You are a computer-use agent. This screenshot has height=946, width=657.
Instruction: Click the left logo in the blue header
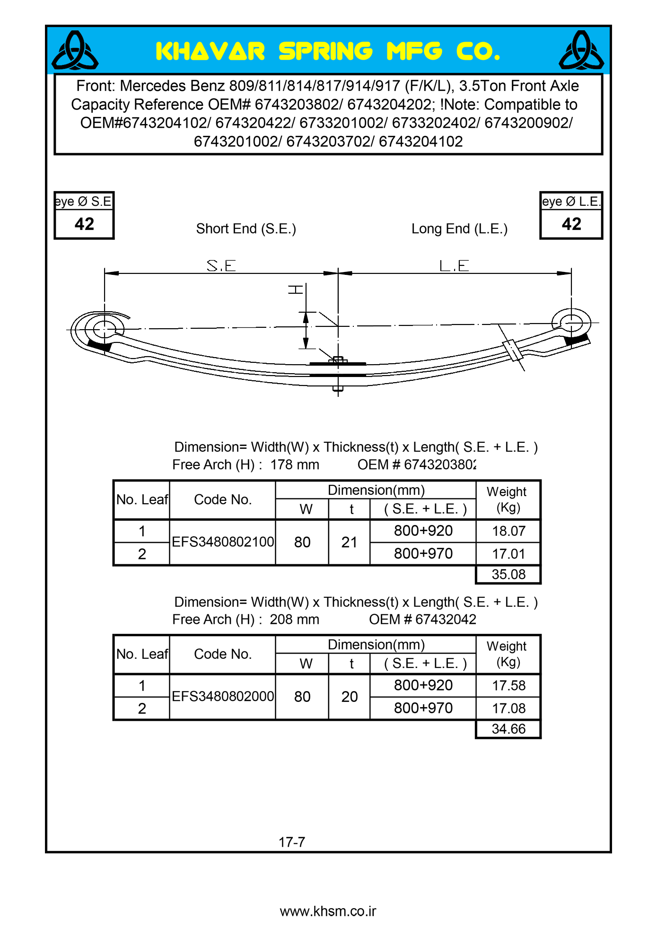75,50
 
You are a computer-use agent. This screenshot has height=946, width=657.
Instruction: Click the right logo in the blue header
581,50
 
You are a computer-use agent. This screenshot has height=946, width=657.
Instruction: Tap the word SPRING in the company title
325,52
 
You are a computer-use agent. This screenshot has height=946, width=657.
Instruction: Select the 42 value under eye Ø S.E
84,224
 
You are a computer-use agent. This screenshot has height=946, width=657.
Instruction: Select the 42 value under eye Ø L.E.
571,224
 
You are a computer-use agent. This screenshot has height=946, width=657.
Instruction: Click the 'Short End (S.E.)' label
246,229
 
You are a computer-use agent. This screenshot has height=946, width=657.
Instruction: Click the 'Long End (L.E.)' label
459,229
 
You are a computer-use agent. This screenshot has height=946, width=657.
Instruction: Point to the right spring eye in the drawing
571,323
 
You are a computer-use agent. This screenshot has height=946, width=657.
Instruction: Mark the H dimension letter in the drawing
296,289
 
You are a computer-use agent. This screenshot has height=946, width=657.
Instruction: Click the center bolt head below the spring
338,389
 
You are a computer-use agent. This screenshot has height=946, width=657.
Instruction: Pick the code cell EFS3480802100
223,542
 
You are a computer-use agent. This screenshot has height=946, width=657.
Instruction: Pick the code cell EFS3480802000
223,697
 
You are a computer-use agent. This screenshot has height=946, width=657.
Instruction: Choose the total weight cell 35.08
508,575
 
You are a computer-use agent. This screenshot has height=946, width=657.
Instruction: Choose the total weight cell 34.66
508,729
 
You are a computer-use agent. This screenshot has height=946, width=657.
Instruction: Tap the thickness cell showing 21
349,543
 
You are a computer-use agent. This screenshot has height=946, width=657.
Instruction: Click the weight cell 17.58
508,686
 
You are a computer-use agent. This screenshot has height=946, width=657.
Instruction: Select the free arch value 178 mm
295,465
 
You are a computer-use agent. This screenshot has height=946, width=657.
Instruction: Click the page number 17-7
292,842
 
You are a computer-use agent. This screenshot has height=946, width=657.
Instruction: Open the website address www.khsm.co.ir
328,911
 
